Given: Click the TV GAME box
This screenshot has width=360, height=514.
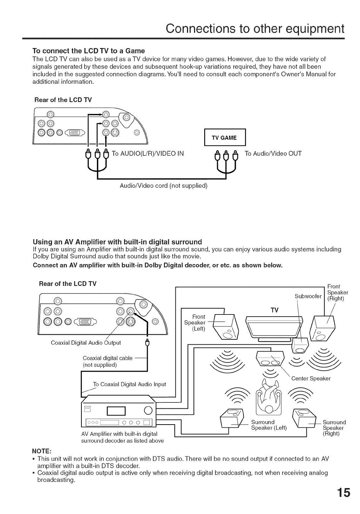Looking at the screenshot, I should pos(224,138).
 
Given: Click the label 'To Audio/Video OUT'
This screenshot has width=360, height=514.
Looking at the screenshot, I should pos(273,154).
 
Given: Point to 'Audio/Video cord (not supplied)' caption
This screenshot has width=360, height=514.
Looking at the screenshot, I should pos(164,185).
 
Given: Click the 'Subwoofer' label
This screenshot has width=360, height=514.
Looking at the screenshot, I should pos(308,297).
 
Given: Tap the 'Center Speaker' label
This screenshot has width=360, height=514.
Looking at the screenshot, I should pos(311,378).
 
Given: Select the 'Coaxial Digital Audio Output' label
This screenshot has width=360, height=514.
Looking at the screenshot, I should pos(86,343).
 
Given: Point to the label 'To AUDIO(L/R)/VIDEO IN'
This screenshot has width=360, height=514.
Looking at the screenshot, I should pos(147,154).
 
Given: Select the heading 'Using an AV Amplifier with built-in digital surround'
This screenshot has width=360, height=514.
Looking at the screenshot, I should pos(117,242).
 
